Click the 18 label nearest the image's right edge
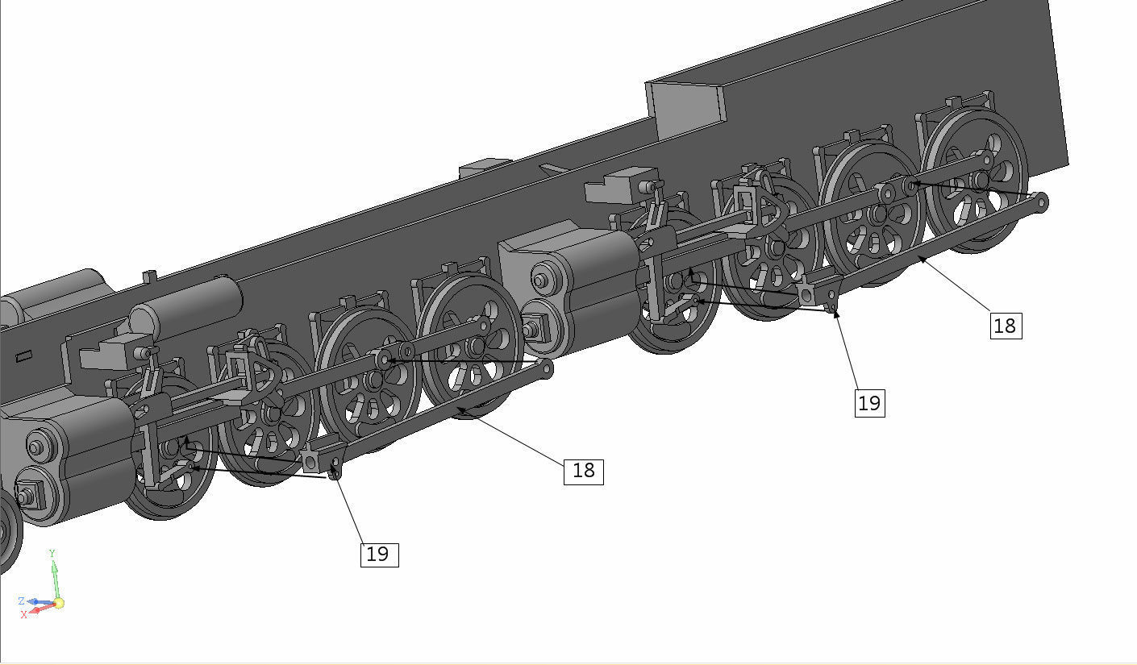(1005, 326)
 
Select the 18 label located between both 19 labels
(582, 471)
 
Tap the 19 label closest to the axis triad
(378, 555)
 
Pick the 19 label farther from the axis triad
(869, 402)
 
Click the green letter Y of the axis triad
(52, 553)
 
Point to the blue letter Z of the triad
(21, 601)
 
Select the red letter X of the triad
(24, 614)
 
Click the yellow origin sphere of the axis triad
(58, 603)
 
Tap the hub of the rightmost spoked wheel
(978, 180)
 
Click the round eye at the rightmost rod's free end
(1041, 202)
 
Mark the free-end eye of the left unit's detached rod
(547, 370)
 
